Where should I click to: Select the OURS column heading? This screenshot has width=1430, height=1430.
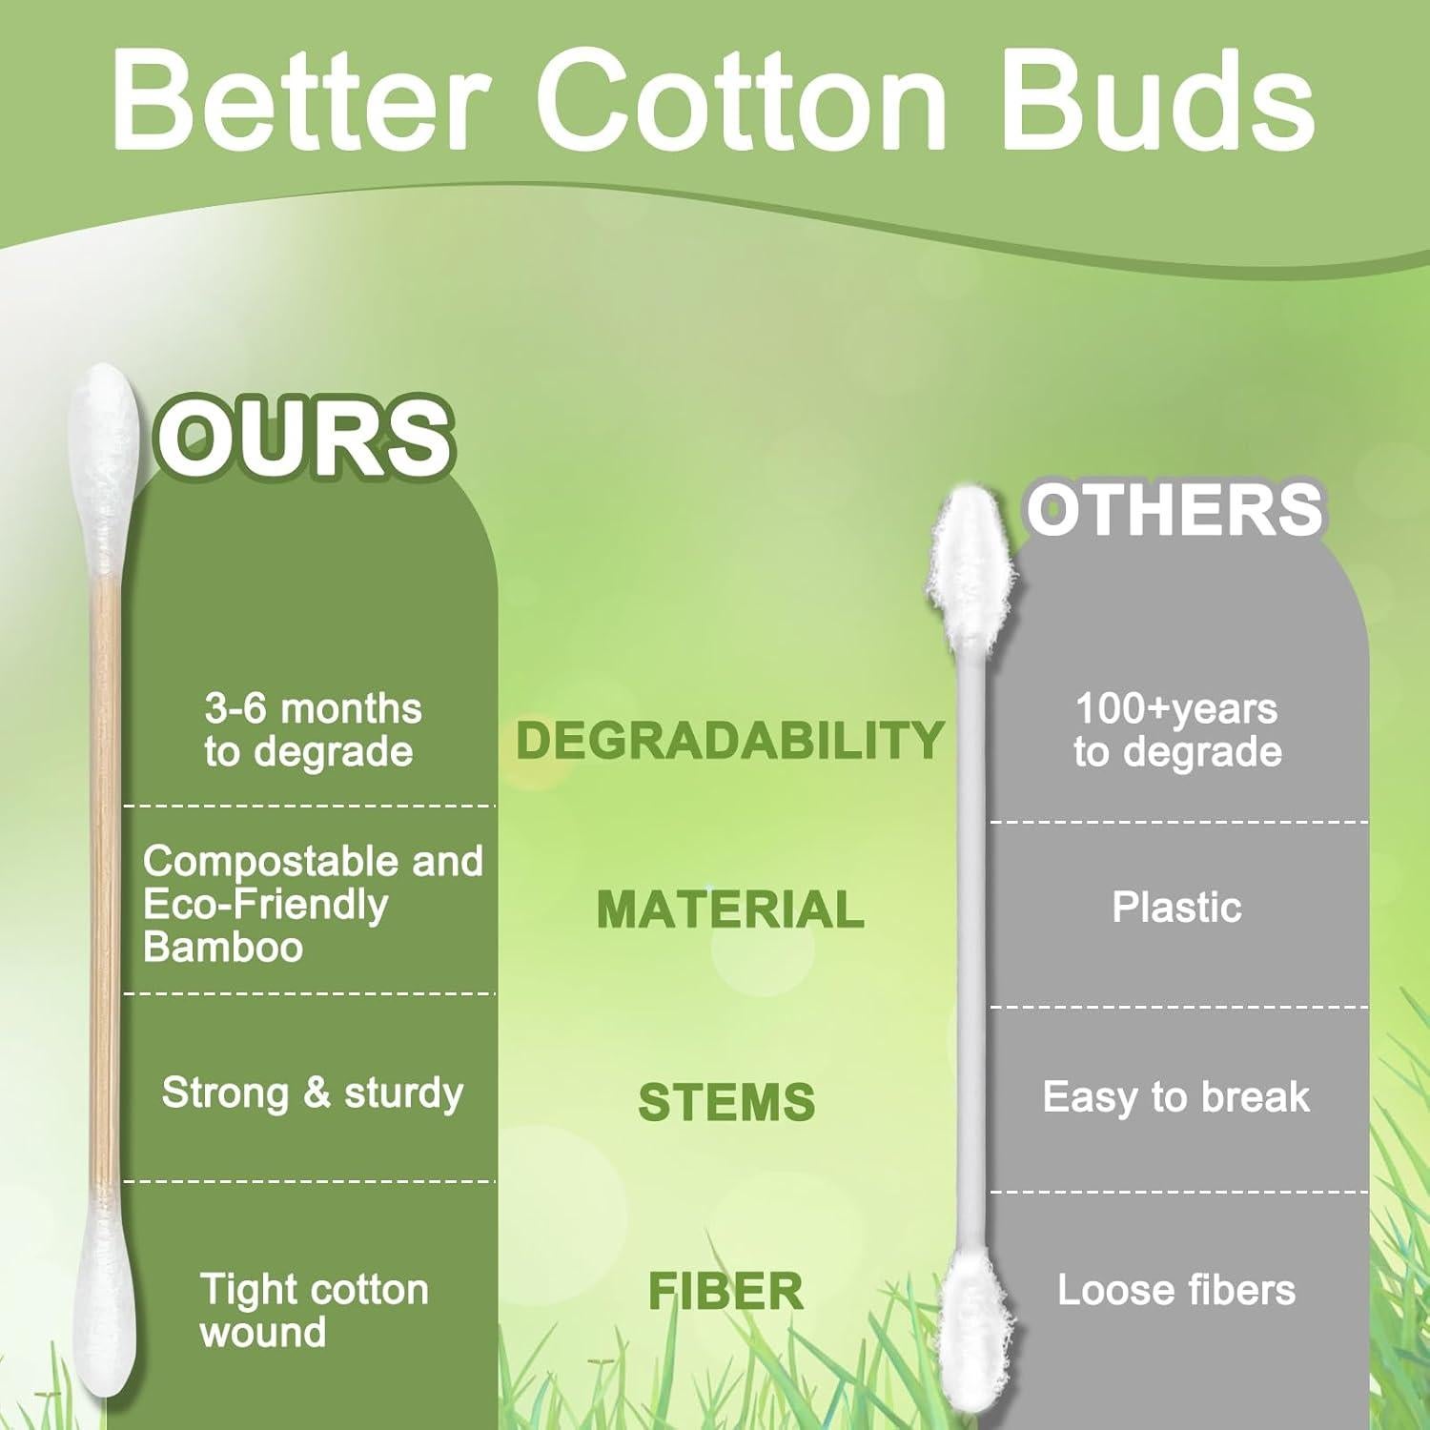point(303,437)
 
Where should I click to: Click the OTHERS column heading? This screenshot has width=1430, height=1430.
point(1175,508)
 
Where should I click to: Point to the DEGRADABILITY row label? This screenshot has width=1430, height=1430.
point(730,740)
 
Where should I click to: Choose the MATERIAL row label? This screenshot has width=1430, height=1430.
point(730,909)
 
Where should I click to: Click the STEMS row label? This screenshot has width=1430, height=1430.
point(726,1102)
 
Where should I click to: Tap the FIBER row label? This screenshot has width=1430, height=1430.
point(726,1292)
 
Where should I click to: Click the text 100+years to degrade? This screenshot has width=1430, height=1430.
point(1178,730)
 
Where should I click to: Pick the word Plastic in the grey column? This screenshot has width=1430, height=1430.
point(1177,908)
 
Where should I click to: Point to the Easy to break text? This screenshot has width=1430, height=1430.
point(1176,1097)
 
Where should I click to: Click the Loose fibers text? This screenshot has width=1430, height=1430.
point(1176,1290)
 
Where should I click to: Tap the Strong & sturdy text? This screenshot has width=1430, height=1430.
point(313,1093)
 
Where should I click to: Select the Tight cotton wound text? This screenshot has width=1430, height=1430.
point(315,1311)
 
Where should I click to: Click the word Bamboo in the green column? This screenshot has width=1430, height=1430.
point(223,947)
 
